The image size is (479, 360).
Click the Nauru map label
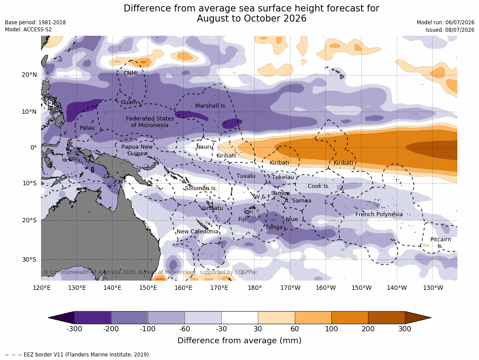(x=204, y=147)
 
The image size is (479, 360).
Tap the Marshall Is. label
(x=211, y=105)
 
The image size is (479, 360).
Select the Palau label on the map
(x=87, y=127)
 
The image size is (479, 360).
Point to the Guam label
(x=129, y=102)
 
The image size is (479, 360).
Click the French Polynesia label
(x=379, y=214)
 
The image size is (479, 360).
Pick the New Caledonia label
(x=197, y=232)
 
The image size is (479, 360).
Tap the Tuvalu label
(x=246, y=176)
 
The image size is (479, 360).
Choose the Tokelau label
(x=283, y=177)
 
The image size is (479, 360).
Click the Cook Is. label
(x=319, y=186)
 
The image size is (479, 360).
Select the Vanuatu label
(x=212, y=208)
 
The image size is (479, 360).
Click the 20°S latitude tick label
(x=29, y=221)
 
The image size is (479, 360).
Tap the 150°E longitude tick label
(x=148, y=288)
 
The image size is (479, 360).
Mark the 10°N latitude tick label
(x=29, y=112)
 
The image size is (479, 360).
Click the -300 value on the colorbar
(x=74, y=329)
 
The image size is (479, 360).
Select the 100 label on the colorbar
(x=332, y=329)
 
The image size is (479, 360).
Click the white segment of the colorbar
(x=240, y=318)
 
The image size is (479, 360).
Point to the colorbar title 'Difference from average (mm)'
(x=239, y=341)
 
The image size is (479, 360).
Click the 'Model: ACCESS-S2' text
(x=28, y=30)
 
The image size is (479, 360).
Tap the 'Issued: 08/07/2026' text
(x=450, y=30)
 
